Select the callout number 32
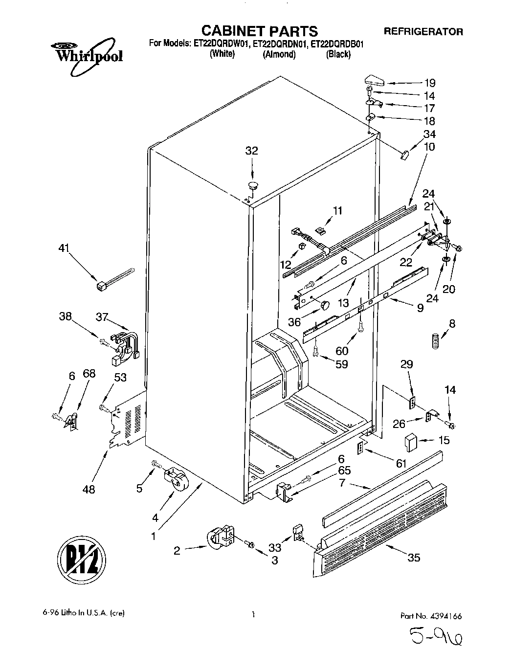point(251,151)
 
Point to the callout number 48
point(89,489)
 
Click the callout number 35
point(414,558)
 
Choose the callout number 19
point(429,83)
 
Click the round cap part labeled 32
point(253,185)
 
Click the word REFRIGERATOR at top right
point(423,31)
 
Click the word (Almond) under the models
point(279,54)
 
